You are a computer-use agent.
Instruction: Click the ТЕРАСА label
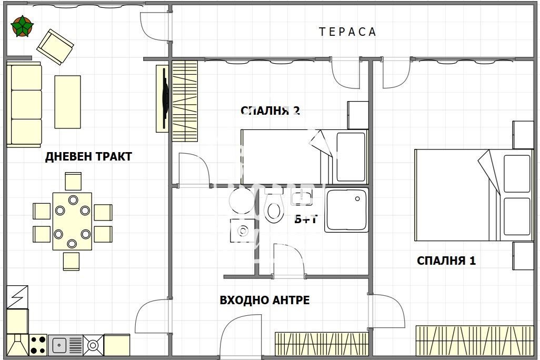point(347,32)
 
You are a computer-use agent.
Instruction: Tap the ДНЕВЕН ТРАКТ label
point(88,156)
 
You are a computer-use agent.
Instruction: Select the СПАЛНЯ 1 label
point(446,261)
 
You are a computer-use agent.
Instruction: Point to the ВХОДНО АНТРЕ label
point(264,301)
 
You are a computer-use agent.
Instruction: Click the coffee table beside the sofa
point(68,102)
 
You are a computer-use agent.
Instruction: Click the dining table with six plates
point(72,221)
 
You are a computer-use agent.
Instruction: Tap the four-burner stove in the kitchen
point(38,345)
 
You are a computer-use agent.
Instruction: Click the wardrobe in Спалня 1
point(475,340)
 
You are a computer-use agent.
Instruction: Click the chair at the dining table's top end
point(73,181)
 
